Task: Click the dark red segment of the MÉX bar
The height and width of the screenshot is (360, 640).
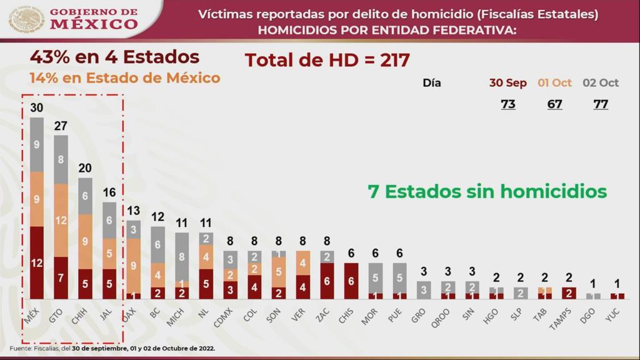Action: [x=37, y=262]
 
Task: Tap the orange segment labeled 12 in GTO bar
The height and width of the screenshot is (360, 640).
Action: [x=61, y=220]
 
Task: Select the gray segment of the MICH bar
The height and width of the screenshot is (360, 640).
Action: [x=182, y=256]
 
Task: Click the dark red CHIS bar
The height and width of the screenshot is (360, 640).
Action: [x=351, y=281]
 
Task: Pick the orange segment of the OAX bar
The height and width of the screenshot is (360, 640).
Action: [x=134, y=265]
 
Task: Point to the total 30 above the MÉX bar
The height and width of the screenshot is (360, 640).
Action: [x=37, y=108]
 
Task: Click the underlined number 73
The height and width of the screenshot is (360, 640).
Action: [x=508, y=104]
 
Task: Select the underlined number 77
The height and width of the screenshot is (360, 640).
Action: [x=601, y=104]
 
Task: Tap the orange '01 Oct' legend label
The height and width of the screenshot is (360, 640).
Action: [x=554, y=83]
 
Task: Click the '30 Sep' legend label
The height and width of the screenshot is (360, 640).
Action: [x=507, y=83]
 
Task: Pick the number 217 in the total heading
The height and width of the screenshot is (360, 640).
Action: [x=392, y=60]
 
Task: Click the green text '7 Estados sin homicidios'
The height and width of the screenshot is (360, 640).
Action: [x=487, y=191]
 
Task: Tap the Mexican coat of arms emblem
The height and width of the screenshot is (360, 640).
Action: [x=26, y=19]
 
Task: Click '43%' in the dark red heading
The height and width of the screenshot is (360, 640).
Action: [x=50, y=57]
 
